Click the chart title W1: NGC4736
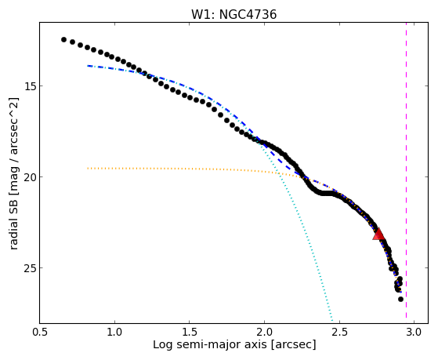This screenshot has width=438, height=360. point(233,14)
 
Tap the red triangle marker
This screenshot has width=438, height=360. point(378,235)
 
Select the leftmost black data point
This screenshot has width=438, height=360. point(63,39)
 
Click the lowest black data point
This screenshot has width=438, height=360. point(400,299)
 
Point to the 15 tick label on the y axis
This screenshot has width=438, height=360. point(30,85)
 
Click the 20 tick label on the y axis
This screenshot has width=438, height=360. point(30,176)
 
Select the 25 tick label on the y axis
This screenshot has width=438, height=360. point(30,267)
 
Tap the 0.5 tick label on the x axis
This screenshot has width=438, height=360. point(40,332)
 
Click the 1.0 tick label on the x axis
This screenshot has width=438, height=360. point(114,332)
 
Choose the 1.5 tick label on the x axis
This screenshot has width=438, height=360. point(190,332)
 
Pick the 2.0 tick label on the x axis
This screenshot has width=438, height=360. point(264,332)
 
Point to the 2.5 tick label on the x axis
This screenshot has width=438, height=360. point(339,332)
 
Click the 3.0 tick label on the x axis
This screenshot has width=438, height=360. point(414,332)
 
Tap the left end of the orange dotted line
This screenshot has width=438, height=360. point(88,168)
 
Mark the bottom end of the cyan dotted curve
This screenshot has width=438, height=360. point(332,320)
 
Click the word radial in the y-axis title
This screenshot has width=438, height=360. point(13,235)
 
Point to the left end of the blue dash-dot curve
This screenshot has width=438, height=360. point(88,66)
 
